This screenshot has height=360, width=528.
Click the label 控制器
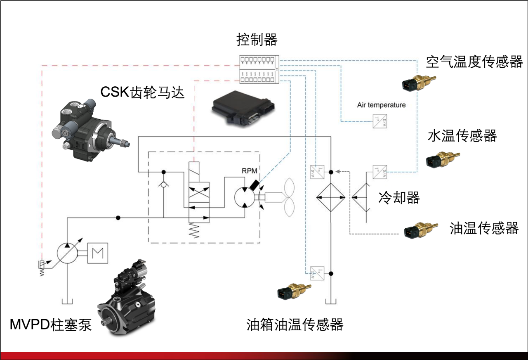(257, 40)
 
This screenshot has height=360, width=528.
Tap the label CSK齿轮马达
(142, 91)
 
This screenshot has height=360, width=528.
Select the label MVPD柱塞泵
(50, 324)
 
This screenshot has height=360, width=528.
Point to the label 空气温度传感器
(474, 62)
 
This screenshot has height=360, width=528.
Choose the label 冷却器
(399, 198)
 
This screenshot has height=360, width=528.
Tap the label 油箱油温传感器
(295, 324)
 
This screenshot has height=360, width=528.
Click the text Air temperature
(381, 105)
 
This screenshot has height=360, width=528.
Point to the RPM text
(250, 171)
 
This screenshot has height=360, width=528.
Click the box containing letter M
(98, 253)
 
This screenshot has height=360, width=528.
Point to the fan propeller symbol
(285, 198)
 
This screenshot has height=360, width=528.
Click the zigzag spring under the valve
(193, 230)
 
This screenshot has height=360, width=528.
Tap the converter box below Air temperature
(379, 121)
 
